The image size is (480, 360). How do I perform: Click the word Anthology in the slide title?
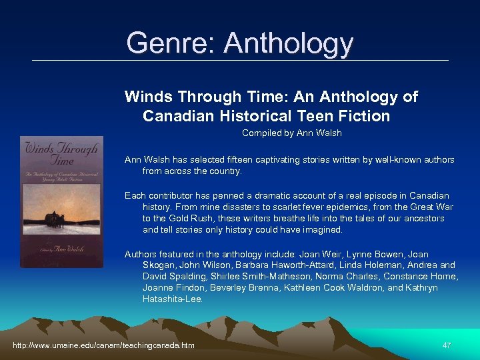coord(289,43)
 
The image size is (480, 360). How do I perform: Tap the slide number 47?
coord(447,345)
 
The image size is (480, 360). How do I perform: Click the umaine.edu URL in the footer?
coord(104,345)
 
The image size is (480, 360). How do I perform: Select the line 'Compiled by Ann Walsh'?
coord(291,133)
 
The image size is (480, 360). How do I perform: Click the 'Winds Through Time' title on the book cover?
coord(59,154)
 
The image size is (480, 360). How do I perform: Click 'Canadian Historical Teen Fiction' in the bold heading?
coord(266,116)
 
